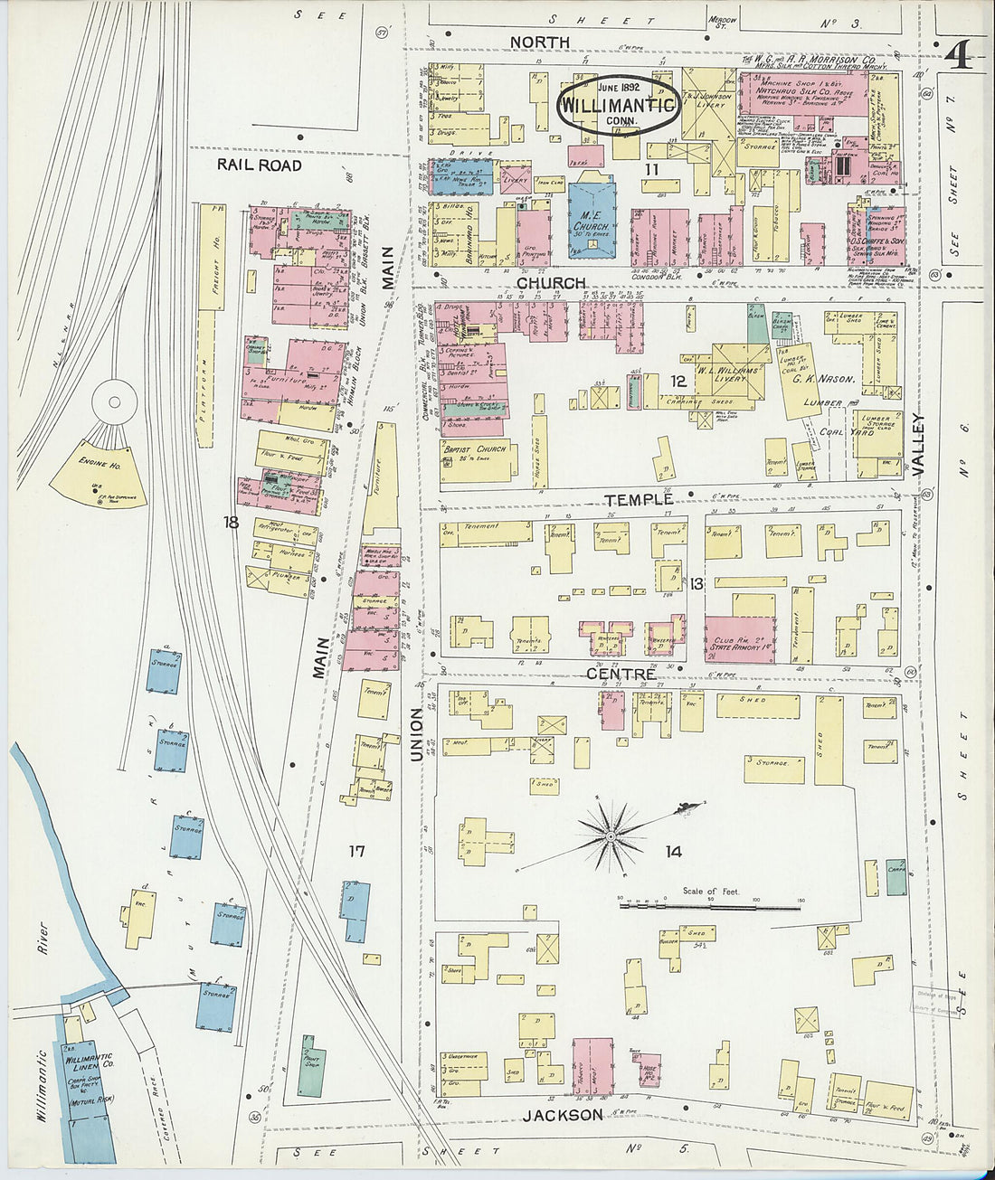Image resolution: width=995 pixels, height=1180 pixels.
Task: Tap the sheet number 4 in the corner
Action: coord(958,56)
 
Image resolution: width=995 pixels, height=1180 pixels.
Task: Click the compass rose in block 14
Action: coord(611,837)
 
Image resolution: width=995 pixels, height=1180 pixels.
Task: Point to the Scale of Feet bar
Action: coord(711,902)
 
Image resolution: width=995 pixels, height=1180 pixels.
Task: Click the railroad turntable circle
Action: coord(115,400)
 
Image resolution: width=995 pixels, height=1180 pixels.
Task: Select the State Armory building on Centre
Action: coord(740,639)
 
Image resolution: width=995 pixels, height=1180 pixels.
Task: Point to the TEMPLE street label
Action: coord(640,499)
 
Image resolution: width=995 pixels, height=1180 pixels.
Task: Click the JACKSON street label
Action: coord(562,1115)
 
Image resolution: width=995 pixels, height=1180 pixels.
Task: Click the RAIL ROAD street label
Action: coord(259,165)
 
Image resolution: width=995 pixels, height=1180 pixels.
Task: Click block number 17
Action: coord(356,851)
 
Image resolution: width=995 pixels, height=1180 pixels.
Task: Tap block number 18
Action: coord(232,522)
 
